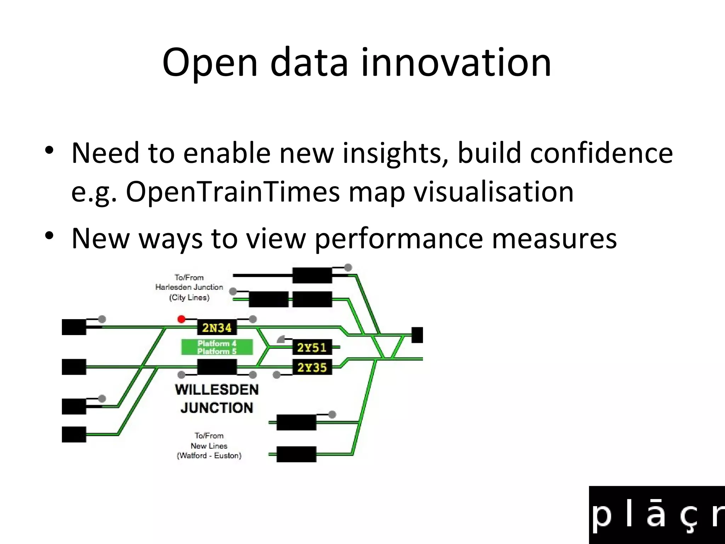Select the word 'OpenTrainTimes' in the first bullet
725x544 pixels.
pos(233,192)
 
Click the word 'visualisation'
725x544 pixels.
pos(493,192)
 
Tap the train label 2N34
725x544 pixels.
pos(217,328)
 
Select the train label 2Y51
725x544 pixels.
pos(312,347)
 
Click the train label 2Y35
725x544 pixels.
pos(312,367)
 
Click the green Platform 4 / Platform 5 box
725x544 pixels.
pos(217,347)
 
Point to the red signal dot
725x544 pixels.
pos(181,319)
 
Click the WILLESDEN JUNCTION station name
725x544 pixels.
pos(217,399)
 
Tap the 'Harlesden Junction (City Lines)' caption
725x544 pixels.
pos(189,287)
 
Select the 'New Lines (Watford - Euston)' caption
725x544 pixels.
pos(209,446)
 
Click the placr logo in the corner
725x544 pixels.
pos(657,515)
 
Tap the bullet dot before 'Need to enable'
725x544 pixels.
pos(49,150)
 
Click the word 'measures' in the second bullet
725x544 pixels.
pos(554,239)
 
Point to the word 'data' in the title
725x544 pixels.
pos(309,63)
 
